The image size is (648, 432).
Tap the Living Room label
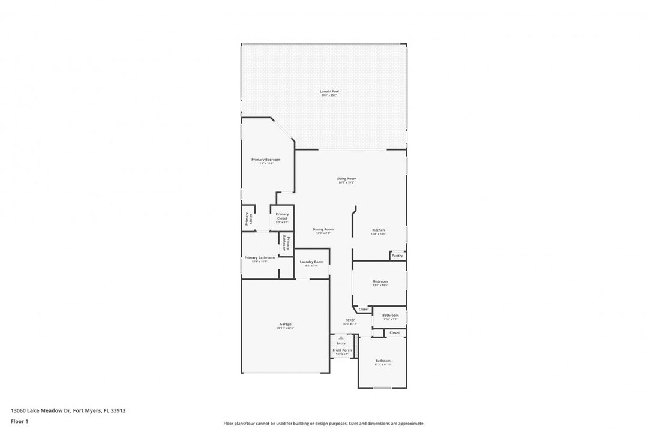coord(346,178)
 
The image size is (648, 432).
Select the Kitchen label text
coord(378,230)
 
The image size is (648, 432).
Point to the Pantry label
coord(397,256)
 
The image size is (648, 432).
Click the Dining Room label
coord(323,229)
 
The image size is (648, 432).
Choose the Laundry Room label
coord(311,262)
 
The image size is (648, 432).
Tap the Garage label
coord(285,324)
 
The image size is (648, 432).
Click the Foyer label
coord(350,320)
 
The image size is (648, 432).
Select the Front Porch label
coord(342,350)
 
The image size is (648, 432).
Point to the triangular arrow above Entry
coord(341,338)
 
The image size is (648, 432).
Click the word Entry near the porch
coord(341,343)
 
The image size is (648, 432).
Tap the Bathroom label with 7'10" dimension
coord(390,315)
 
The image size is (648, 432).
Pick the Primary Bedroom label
coord(265,160)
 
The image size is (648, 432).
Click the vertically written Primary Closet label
coord(248,219)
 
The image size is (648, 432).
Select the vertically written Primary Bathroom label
coord(286,244)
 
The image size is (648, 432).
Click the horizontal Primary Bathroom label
coord(259,257)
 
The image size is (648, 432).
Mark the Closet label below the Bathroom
coord(394,332)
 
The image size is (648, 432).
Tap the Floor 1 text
coord(19,421)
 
